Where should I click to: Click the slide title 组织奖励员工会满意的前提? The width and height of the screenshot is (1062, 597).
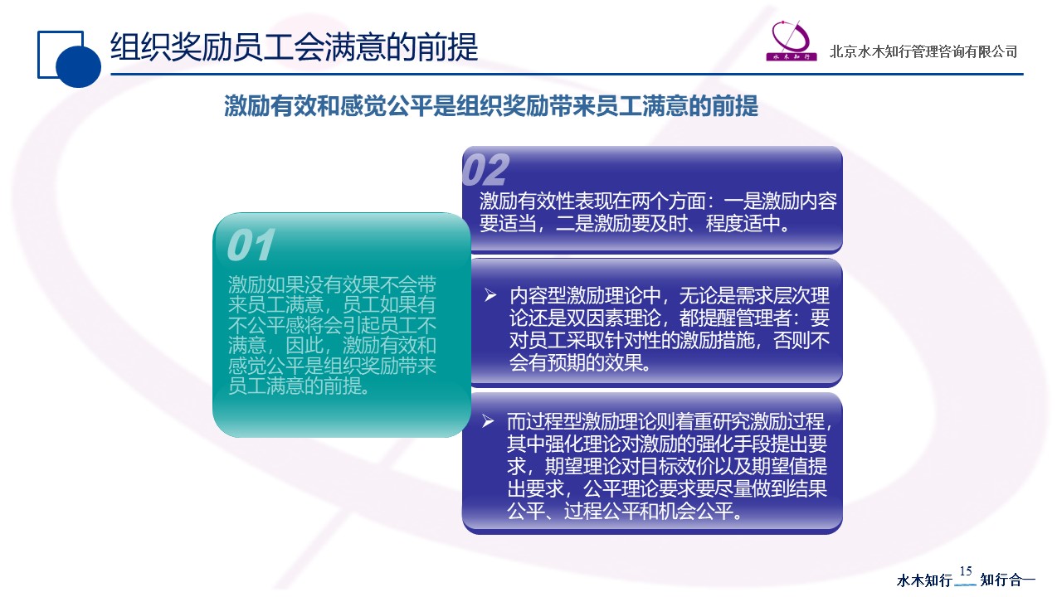[x=294, y=47]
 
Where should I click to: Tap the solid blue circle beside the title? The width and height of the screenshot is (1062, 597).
[x=78, y=66]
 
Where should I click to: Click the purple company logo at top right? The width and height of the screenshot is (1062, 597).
[x=792, y=41]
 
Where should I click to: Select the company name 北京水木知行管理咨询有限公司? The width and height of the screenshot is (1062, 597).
[x=923, y=51]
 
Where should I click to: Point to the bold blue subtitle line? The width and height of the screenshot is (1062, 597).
[x=490, y=105]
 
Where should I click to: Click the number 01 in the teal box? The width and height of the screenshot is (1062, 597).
[x=251, y=245]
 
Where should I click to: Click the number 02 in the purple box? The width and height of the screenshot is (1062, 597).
[x=485, y=170]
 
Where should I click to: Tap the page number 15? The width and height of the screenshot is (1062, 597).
[x=966, y=571]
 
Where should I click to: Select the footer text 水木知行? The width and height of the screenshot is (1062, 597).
[x=924, y=580]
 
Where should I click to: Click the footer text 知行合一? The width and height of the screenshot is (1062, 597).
[x=1007, y=580]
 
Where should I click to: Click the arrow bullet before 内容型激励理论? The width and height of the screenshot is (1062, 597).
[x=490, y=295]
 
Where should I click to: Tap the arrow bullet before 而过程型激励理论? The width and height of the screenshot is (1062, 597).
[x=488, y=420]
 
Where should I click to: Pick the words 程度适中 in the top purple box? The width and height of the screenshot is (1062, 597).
[x=743, y=223]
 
